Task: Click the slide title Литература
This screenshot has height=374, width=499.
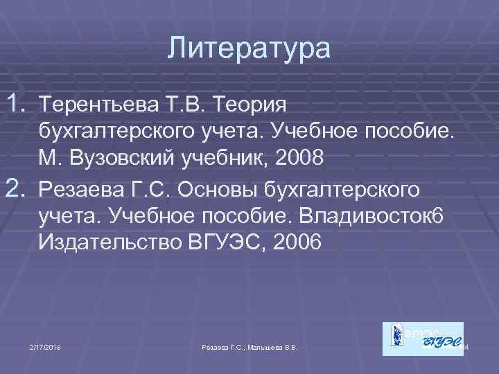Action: click(x=249, y=50)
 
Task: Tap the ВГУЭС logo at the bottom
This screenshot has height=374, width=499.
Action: click(x=423, y=339)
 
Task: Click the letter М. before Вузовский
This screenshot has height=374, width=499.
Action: click(x=51, y=157)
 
